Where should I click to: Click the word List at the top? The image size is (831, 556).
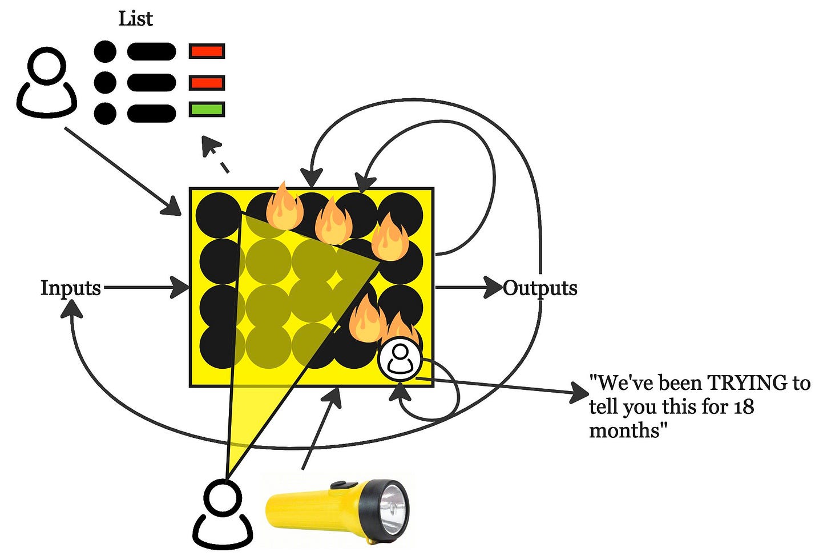tap(135, 19)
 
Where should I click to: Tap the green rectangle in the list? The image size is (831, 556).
tap(207, 109)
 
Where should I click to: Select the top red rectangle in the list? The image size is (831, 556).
tap(207, 51)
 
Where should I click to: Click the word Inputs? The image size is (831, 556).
tap(70, 288)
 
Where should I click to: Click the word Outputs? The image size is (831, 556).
tap(540, 288)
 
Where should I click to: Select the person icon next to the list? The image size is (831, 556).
tap(47, 82)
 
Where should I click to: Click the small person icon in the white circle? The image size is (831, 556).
tap(400, 360)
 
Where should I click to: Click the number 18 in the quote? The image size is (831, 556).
tap(744, 407)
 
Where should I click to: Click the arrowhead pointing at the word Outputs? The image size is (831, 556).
tap(493, 287)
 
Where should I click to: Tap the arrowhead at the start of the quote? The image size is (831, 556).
tap(580, 393)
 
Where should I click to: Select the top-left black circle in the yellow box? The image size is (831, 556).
tap(217, 215)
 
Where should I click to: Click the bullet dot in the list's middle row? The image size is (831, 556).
tap(104, 83)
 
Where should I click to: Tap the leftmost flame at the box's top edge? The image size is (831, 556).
tap(285, 208)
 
